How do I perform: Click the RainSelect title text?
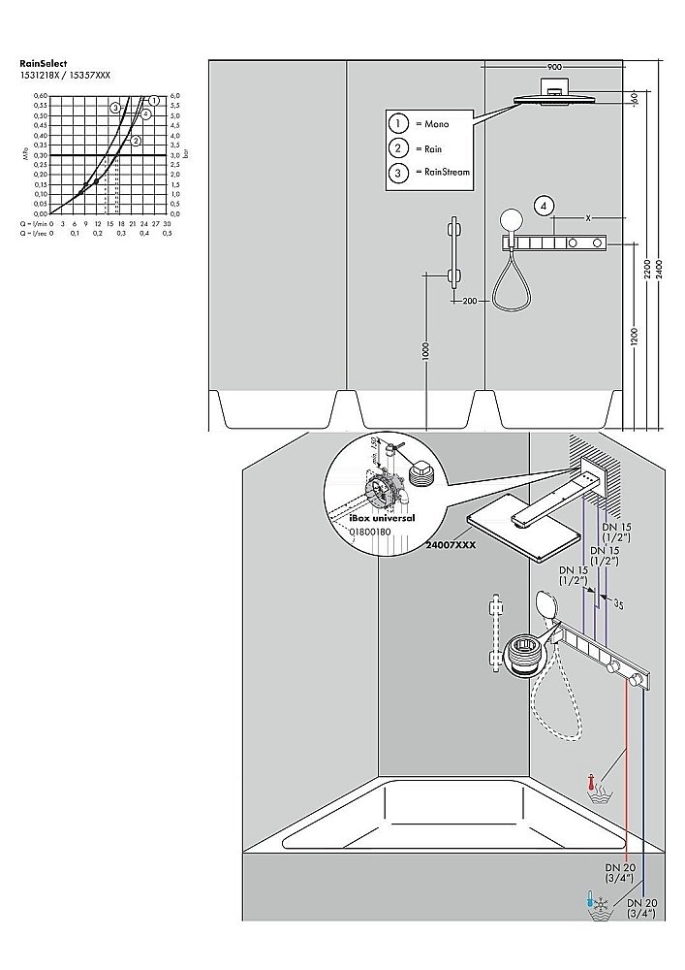click(44, 63)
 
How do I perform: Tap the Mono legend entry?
click(426, 124)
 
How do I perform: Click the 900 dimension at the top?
click(554, 67)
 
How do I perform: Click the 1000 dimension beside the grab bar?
click(425, 350)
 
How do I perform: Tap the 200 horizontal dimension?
click(470, 302)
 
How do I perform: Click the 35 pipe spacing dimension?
click(618, 604)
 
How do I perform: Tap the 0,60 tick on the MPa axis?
click(41, 96)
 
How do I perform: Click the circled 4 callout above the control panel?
click(545, 206)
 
